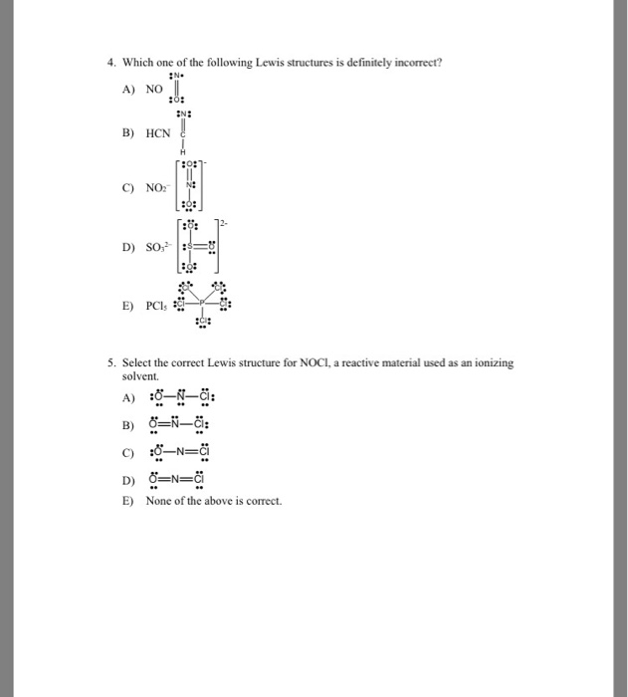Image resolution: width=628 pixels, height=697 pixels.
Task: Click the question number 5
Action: pyautogui.click(x=112, y=364)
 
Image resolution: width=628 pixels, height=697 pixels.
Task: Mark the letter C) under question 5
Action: pyautogui.click(x=126, y=453)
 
